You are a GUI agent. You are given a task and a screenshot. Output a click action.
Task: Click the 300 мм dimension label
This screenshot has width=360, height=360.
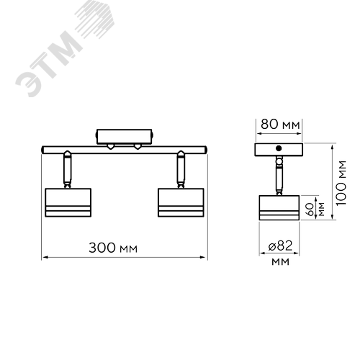pyautogui.click(x=113, y=248)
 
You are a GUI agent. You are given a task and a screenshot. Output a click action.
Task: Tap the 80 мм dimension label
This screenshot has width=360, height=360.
pyautogui.click(x=280, y=125)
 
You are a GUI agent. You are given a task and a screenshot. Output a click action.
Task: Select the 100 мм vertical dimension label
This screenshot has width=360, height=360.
pyautogui.click(x=341, y=183)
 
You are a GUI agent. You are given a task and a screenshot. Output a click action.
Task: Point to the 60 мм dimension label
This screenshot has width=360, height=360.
pyautogui.click(x=315, y=210)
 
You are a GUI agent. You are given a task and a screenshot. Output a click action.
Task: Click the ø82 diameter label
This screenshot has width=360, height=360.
pyautogui.click(x=280, y=246)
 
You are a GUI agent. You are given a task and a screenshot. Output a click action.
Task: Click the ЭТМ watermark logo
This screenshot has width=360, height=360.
pyautogui.click(x=65, y=48)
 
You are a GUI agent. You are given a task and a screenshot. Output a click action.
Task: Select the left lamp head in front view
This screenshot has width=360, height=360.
pyautogui.click(x=68, y=202)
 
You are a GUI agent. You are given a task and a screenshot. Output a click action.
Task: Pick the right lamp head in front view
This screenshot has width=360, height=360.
pyautogui.click(x=181, y=202)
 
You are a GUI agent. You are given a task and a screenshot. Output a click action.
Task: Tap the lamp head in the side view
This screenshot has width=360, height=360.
pyautogui.click(x=279, y=207)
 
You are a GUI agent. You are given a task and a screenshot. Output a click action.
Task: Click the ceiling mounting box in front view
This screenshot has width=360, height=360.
pyautogui.click(x=125, y=137)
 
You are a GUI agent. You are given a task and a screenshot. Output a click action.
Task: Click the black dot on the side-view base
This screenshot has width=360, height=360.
pyautogui.click(x=279, y=148)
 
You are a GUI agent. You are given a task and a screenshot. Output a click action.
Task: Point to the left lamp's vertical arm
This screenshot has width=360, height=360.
pyautogui.click(x=67, y=169)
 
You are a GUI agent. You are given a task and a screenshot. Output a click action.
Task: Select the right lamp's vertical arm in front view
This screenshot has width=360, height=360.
pyautogui.click(x=181, y=169)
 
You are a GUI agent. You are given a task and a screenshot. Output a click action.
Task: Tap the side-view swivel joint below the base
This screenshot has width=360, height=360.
pyautogui.click(x=279, y=161)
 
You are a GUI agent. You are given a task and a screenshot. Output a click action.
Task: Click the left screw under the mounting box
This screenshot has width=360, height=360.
pyautogui.click(x=110, y=146)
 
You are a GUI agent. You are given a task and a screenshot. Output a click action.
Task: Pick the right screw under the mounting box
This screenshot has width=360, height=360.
pyautogui.click(x=138, y=146)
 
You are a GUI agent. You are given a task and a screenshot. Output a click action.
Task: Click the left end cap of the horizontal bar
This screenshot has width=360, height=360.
pyautogui.click(x=42, y=150)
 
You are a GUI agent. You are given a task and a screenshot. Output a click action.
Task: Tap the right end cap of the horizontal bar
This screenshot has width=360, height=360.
pyautogui.click(x=206, y=150)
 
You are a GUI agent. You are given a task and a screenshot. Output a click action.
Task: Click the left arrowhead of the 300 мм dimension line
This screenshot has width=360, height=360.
pyautogui.click(x=45, y=258)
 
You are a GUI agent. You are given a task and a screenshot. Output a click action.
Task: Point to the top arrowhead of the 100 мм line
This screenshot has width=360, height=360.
pyautogui.click(x=333, y=147)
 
